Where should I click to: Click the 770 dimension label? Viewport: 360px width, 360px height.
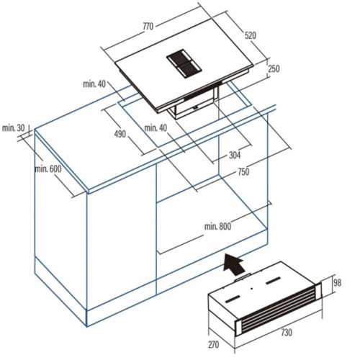pyautogui.click(x=148, y=27)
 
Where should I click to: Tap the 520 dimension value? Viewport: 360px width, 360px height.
pyautogui.click(x=251, y=35)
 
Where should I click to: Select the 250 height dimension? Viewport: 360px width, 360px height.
pyautogui.click(x=274, y=69)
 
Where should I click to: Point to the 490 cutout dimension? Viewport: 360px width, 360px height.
pyautogui.click(x=120, y=134)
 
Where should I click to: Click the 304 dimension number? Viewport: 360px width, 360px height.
pyautogui.click(x=235, y=156)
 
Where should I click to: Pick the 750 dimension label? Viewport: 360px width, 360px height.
pyautogui.click(x=243, y=172)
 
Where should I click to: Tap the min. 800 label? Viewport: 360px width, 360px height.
pyautogui.click(x=217, y=226)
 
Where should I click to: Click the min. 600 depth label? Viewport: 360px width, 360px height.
pyautogui.click(x=48, y=169)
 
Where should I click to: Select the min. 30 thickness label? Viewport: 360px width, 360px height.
pyautogui.click(x=14, y=128)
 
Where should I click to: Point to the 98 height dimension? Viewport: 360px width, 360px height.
pyautogui.click(x=337, y=283)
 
